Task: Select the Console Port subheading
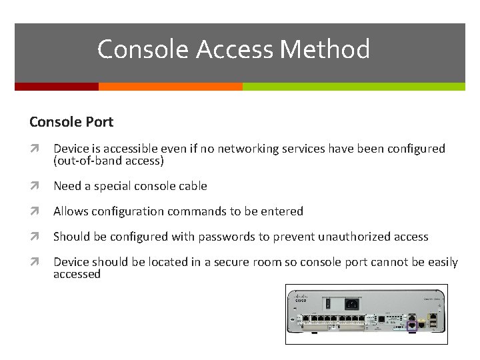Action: coord(71,122)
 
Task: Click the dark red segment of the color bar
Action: coord(57,87)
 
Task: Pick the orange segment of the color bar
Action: coord(170,87)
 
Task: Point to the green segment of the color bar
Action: coord(353,87)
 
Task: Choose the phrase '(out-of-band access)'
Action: coord(109,161)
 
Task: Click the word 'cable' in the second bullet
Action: coord(191,186)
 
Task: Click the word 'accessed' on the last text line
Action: coord(77,274)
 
